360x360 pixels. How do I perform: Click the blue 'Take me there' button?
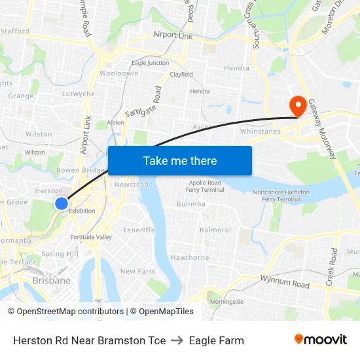(x=180, y=160)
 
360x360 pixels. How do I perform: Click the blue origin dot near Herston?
(x=61, y=204)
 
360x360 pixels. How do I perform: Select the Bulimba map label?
(x=191, y=204)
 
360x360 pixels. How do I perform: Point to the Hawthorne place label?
(x=190, y=258)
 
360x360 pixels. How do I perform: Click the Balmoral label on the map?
(x=215, y=230)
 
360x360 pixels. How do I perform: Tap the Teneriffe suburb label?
(x=139, y=230)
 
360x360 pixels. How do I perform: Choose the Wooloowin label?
(x=118, y=74)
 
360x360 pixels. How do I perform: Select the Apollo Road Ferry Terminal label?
(x=205, y=187)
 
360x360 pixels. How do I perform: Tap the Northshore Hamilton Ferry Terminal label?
(x=281, y=196)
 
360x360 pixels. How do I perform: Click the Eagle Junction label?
(x=150, y=63)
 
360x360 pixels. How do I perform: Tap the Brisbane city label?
(x=51, y=280)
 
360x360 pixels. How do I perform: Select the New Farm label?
(x=137, y=271)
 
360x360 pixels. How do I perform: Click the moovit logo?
(x=320, y=340)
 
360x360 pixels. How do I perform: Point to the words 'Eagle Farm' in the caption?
(x=216, y=340)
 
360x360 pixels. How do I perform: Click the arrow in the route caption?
(x=177, y=340)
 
